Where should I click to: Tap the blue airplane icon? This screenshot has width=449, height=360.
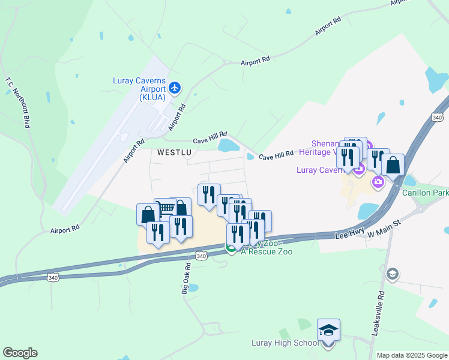pos(175,88)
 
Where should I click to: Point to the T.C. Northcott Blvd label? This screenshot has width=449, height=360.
pos(17,101)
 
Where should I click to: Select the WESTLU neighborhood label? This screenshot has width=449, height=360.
pos(174,152)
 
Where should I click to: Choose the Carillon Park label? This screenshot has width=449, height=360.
pos(426,193)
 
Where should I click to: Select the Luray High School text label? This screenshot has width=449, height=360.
pos(285,343)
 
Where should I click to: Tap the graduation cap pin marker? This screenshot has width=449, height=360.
pos(328,331)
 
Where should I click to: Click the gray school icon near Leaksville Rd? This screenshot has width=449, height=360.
pos(392,274)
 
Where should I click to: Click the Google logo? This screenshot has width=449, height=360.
pos(20,353)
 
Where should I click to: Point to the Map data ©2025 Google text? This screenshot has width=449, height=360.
pos(411,355)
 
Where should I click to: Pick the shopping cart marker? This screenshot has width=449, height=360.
pos(166,209)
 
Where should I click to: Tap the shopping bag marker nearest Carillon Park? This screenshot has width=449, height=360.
pos(393,164)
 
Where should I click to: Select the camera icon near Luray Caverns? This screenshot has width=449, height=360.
pos(378,182)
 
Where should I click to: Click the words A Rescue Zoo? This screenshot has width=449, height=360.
pos(267,252)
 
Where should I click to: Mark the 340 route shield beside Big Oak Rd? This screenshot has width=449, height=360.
pos(202,256)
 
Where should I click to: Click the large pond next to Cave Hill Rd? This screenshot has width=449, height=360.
pos(229,145)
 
